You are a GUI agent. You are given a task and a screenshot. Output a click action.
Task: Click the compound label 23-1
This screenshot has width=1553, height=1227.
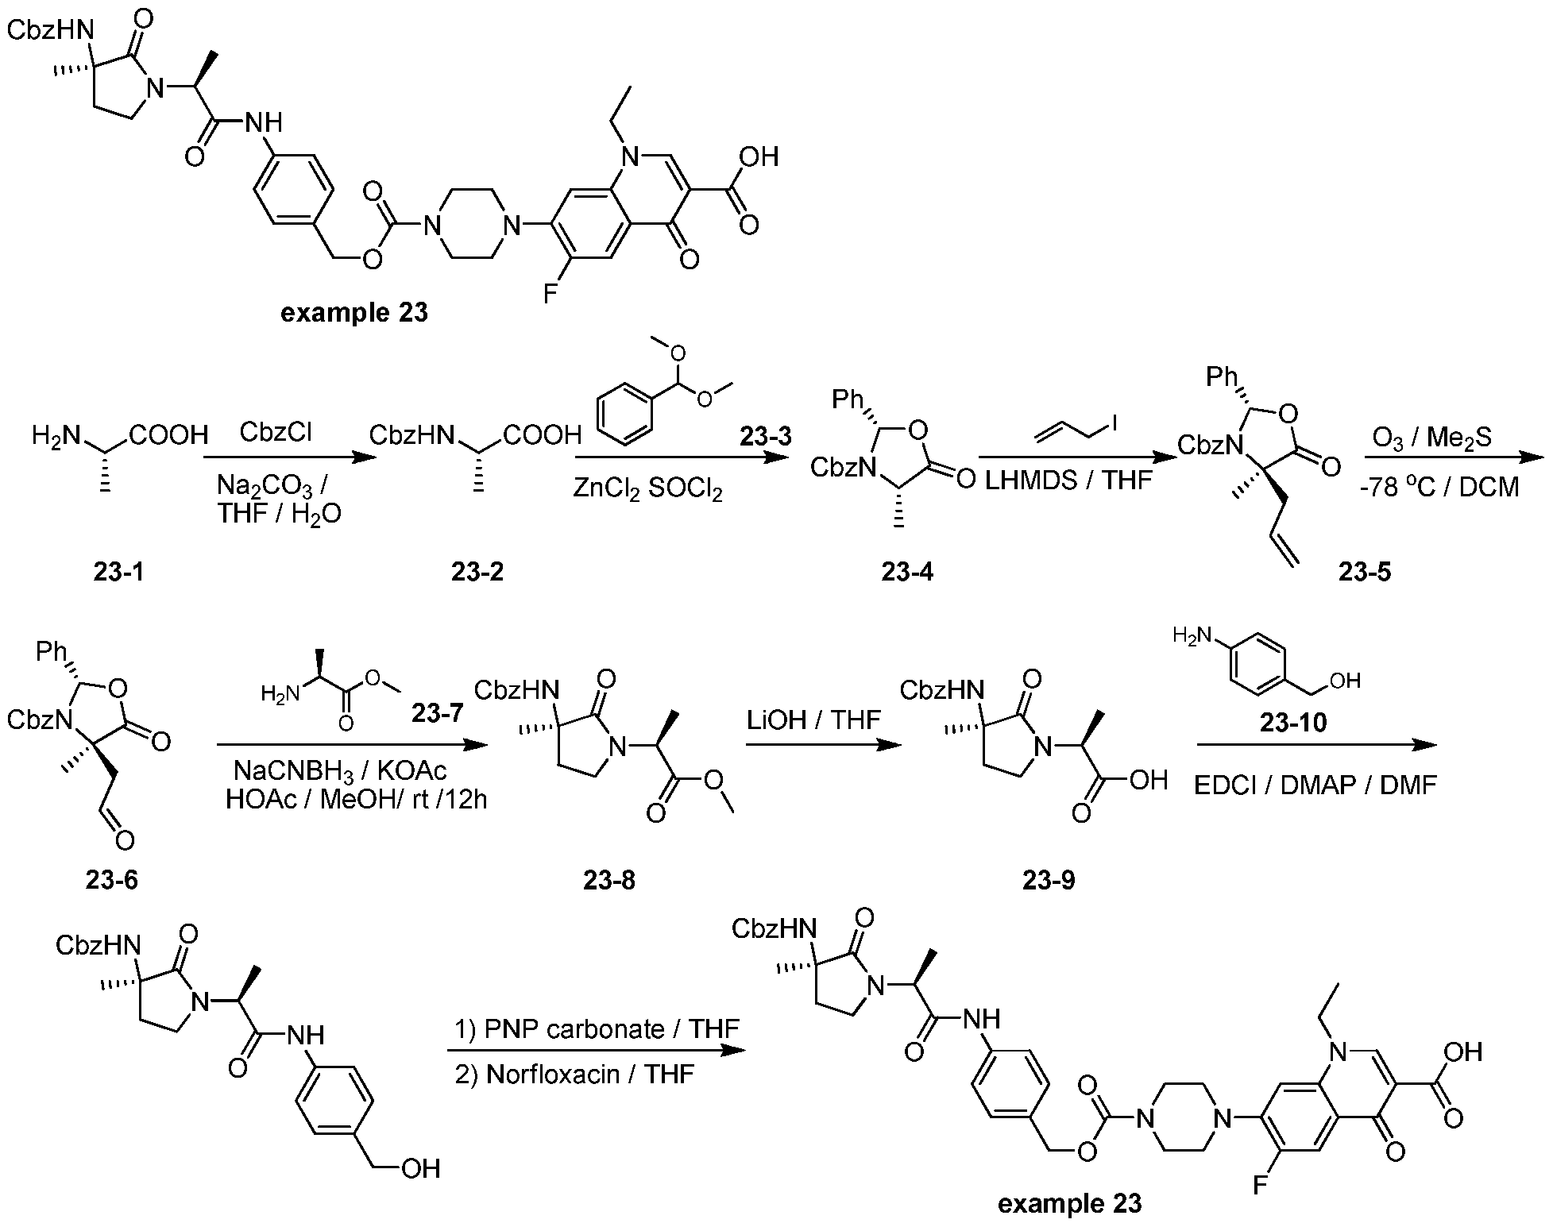119,572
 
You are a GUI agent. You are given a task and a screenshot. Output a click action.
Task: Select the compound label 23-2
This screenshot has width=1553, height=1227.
477,572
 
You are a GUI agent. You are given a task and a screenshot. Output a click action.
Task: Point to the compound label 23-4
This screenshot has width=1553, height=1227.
908,572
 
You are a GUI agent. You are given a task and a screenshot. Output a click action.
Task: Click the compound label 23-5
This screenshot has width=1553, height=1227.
1365,572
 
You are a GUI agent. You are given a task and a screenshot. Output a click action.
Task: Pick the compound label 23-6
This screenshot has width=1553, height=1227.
111,879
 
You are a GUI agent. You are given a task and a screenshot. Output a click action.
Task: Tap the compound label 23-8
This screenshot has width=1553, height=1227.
609,879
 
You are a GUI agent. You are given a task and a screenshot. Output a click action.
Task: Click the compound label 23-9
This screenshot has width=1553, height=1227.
1049,879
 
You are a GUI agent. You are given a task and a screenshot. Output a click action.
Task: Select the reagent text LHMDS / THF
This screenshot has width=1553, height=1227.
1069,479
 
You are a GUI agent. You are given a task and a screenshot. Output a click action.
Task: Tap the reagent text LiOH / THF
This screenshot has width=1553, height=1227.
813,720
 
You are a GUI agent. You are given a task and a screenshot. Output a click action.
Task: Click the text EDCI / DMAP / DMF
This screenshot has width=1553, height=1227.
1315,785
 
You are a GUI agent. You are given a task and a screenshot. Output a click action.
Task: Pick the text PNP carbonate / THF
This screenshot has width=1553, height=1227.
597,1029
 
